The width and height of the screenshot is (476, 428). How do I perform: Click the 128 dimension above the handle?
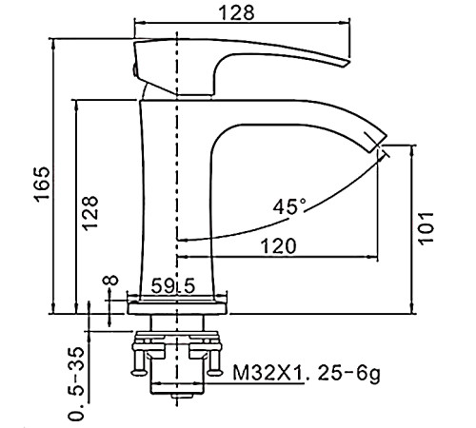(x=238, y=13)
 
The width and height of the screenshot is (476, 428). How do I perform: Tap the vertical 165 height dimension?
(x=42, y=184)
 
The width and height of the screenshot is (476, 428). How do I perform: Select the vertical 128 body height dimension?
(x=89, y=213)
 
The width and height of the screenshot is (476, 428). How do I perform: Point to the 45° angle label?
(x=290, y=207)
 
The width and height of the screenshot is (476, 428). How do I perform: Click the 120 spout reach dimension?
(x=278, y=246)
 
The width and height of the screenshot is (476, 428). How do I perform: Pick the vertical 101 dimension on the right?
(x=426, y=228)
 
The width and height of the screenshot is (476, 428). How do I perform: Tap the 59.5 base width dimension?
(x=172, y=286)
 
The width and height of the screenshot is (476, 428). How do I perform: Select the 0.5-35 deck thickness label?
(x=77, y=383)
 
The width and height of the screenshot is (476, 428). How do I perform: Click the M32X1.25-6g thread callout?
(x=307, y=373)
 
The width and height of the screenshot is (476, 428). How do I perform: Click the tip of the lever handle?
(x=346, y=63)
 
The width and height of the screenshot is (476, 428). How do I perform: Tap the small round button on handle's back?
(x=134, y=69)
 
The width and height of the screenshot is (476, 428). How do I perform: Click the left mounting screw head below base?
(x=139, y=372)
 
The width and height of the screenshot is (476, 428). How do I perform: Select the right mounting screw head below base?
(x=215, y=372)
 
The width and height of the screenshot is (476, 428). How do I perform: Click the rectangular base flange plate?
(x=177, y=308)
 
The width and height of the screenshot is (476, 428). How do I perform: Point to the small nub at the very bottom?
(x=183, y=396)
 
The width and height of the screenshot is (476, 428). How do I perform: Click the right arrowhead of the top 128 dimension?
(x=345, y=23)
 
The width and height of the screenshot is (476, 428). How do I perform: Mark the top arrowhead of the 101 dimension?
(x=412, y=150)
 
